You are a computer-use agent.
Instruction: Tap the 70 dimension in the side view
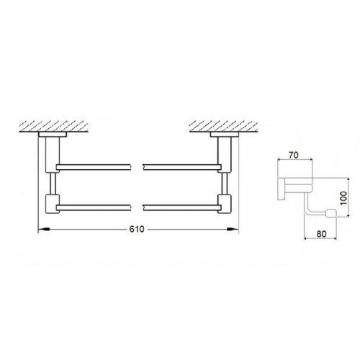tap(293, 154)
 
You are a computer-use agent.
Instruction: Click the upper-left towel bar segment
tap(94, 167)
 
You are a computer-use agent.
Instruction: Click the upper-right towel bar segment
tap(180, 167)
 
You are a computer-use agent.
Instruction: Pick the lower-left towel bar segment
tap(94, 206)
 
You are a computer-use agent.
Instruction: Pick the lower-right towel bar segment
tap(180, 206)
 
